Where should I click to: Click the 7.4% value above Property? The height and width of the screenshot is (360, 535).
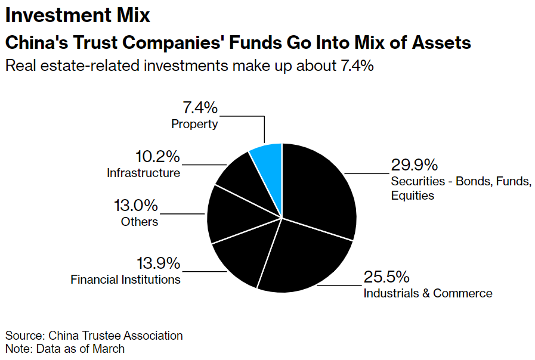tap(200, 108)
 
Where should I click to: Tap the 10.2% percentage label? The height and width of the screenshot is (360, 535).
tap(157, 157)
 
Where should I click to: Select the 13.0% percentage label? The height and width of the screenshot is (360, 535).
tap(136, 206)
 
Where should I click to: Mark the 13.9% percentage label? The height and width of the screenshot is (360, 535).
tap(158, 263)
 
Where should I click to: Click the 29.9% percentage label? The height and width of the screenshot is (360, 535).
tap(415, 165)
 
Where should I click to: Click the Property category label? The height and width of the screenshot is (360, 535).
tap(194, 124)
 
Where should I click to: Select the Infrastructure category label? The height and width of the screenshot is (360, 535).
tap(143, 173)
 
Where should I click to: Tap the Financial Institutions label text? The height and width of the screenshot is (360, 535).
tap(125, 279)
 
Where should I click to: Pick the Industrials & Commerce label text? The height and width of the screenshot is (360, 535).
tap(428, 293)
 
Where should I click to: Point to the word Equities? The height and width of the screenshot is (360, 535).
tap(413, 195)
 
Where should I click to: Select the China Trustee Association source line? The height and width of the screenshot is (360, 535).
tap(94, 336)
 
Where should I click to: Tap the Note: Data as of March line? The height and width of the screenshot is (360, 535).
tap(65, 349)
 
